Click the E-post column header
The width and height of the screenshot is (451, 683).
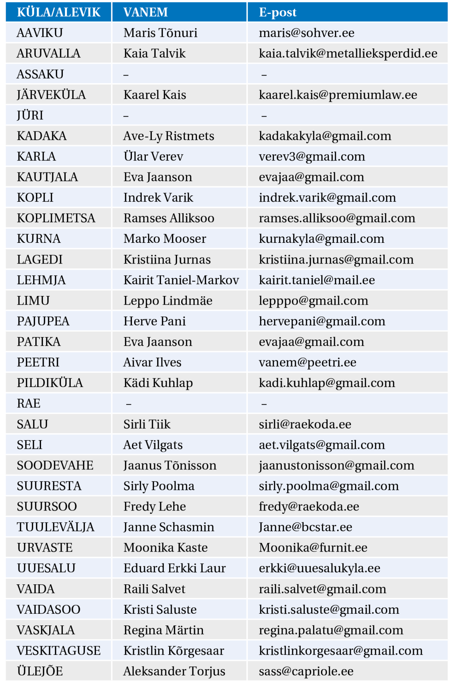click(x=278, y=12)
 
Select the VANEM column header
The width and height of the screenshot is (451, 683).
click(x=145, y=12)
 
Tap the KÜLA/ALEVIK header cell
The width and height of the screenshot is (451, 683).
click(x=59, y=12)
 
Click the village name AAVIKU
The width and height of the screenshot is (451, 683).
click(x=40, y=33)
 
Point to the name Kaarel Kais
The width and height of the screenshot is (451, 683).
click(x=155, y=95)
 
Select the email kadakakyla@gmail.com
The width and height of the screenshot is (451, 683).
click(x=325, y=136)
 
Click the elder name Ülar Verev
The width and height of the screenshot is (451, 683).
click(x=153, y=157)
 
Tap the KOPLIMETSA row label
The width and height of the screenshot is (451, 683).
click(x=56, y=218)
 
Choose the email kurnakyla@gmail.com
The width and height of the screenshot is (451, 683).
click(x=322, y=239)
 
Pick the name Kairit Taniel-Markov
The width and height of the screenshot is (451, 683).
click(x=181, y=280)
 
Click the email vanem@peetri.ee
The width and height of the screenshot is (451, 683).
click(x=307, y=363)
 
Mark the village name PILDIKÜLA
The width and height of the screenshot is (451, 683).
click(x=50, y=383)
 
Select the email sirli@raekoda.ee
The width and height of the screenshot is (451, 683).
click(x=305, y=424)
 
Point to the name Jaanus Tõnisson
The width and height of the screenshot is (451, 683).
click(x=170, y=466)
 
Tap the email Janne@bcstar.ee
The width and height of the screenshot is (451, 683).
click(x=306, y=527)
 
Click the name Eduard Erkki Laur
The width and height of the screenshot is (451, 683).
click(x=175, y=568)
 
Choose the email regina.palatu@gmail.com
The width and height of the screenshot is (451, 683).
click(x=331, y=630)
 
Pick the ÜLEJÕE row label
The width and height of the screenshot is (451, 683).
click(x=40, y=671)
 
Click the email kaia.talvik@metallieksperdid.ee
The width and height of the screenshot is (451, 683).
click(x=348, y=53)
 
